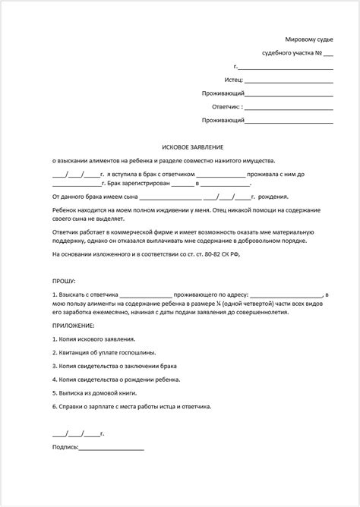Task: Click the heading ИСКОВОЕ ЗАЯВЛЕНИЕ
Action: (x=179, y=145)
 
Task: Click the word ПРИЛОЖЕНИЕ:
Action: (x=74, y=323)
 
